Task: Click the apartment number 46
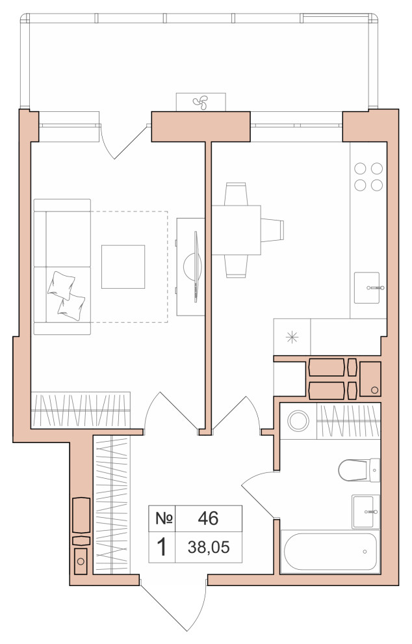tap(208, 518)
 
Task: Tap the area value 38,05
tap(209, 547)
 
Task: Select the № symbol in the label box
tap(164, 518)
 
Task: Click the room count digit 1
tap(162, 548)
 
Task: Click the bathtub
tap(330, 552)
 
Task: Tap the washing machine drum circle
tap(298, 421)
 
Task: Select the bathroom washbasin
tap(366, 511)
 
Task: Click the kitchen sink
tap(367, 288)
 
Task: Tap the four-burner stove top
tap(368, 176)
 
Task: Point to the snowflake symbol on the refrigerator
tap(292, 337)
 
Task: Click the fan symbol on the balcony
tap(201, 102)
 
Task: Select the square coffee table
tap(123, 267)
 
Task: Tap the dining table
tap(236, 230)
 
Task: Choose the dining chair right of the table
tap(272, 230)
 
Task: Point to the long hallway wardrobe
tap(112, 505)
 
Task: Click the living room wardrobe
tap(81, 410)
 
